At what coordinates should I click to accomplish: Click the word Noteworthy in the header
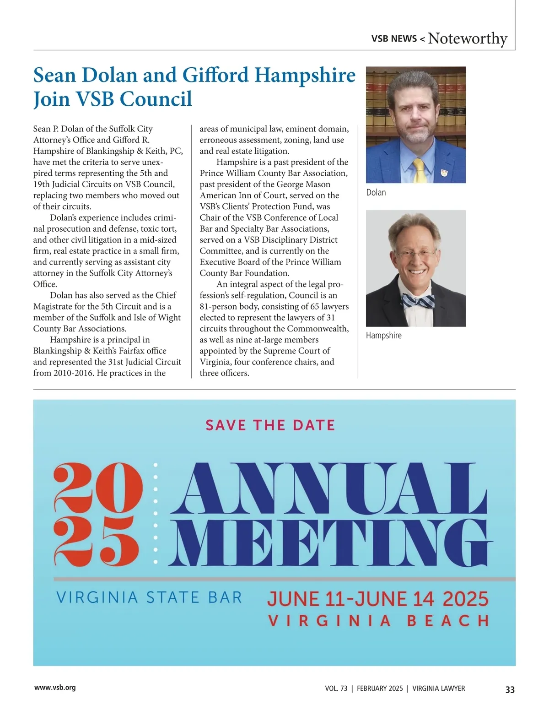tap(468, 38)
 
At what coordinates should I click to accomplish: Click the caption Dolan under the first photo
tap(376, 193)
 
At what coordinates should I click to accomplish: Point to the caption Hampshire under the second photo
tap(383, 336)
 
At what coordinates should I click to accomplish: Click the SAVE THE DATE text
tap(270, 425)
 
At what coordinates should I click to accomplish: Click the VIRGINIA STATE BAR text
tap(149, 597)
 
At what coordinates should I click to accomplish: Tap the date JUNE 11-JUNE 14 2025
tap(377, 599)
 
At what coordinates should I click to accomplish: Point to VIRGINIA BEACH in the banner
tap(378, 621)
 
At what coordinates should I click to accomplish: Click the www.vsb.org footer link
tap(55, 688)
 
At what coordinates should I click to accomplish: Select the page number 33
tap(510, 689)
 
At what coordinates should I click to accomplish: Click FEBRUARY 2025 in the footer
tap(380, 689)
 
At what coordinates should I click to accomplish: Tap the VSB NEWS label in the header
tap(394, 39)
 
